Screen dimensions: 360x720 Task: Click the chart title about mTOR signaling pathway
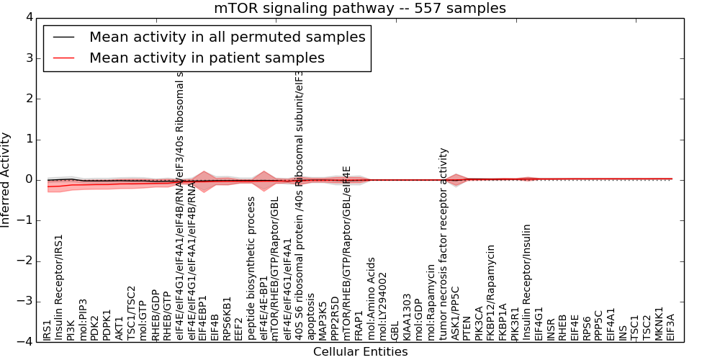359,8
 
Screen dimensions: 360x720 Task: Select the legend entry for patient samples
207,58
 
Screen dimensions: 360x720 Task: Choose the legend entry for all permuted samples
227,37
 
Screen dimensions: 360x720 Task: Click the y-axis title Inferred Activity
6,179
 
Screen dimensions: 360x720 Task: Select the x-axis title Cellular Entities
360,352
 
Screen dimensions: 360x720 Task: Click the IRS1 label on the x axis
48,330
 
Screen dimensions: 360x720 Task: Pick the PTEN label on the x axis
467,328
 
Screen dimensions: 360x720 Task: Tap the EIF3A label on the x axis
671,327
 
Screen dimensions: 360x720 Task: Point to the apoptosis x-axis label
311,316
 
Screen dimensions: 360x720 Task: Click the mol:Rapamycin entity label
431,302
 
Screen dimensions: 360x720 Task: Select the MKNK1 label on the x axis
660,324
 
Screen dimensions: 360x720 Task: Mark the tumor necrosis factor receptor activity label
444,245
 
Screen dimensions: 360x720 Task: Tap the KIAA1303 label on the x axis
408,317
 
